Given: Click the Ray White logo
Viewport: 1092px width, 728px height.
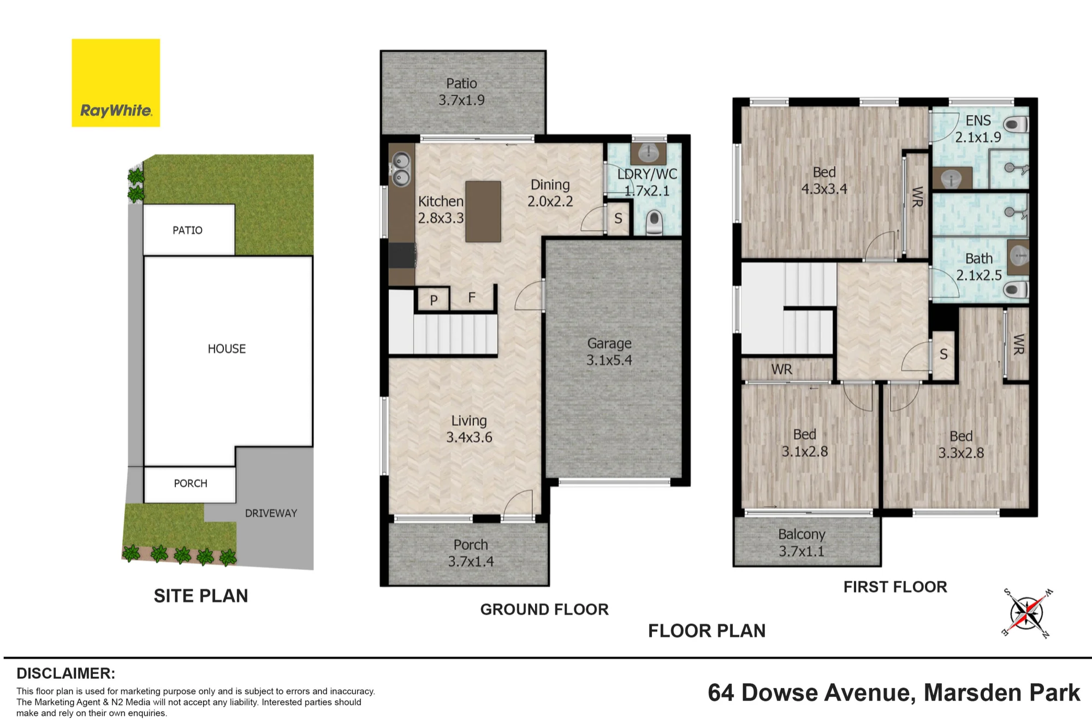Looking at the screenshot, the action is pos(116,83).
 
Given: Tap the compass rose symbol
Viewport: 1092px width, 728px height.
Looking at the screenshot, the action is pos(1027,613).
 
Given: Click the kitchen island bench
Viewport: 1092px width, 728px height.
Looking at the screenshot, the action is pos(483,211).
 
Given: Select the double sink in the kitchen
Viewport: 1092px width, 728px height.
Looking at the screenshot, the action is pos(402,169).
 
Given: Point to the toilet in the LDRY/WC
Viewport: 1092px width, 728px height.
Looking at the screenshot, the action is pos(654,223).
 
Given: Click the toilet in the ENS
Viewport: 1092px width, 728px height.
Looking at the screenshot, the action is pos(1016,125).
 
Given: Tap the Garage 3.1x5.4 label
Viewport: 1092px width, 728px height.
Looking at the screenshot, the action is pos(609,351).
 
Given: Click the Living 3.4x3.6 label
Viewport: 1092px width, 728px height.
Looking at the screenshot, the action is pos(469,429).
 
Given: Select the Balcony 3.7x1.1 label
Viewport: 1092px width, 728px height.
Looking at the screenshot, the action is pos(802,542).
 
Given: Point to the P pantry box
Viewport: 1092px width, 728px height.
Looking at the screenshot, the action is pos(434,299).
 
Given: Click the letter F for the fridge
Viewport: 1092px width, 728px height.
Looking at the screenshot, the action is pos(472,297).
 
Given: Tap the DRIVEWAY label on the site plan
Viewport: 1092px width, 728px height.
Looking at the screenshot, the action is pos(271,513).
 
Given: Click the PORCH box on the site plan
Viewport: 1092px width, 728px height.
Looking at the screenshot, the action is pos(190,484).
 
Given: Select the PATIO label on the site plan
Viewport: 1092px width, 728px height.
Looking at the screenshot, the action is pos(187,230).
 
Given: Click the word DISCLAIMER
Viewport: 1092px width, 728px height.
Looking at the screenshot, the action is pos(66,673).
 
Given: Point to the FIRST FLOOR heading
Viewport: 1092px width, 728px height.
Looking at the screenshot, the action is pos(895,587).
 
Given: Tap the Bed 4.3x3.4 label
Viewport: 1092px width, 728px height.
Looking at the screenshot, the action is pos(824,181).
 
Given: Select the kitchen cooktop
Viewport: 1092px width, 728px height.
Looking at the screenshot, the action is pos(401,255).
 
